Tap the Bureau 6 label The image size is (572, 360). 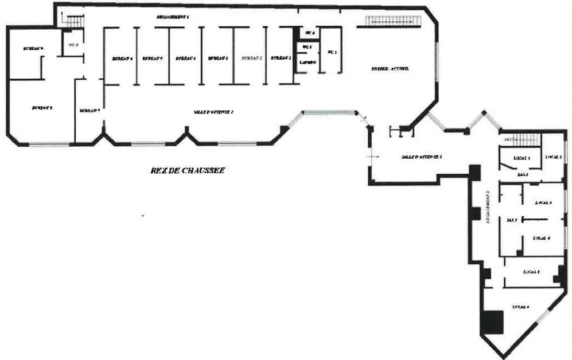tap(122, 58)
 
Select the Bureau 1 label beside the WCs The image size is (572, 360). tap(281, 58)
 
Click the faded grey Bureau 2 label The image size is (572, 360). tap(251, 58)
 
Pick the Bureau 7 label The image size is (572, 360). tap(90, 110)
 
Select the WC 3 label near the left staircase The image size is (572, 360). tap(73, 45)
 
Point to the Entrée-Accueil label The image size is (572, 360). tap(390, 69)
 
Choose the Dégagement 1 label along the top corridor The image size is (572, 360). tap(173, 17)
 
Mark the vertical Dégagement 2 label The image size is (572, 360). tap(488, 210)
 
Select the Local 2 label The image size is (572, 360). tap(554, 156)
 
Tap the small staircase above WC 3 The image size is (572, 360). tap(72, 22)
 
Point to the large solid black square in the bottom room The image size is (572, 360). tap(492, 322)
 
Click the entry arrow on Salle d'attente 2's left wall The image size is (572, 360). tap(375, 155)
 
